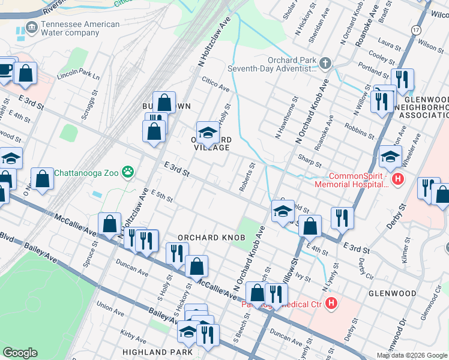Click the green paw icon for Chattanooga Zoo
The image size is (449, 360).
click(127, 173)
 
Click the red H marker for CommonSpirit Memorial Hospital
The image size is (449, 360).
click(397, 179)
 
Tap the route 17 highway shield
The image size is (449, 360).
click(416, 29)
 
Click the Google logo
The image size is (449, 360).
click(20, 353)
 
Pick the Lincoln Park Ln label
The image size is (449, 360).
click(78, 76)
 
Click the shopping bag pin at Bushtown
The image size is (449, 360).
click(164, 103)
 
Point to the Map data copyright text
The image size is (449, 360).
click(411, 355)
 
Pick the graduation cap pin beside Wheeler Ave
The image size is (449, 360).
click(390, 157)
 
